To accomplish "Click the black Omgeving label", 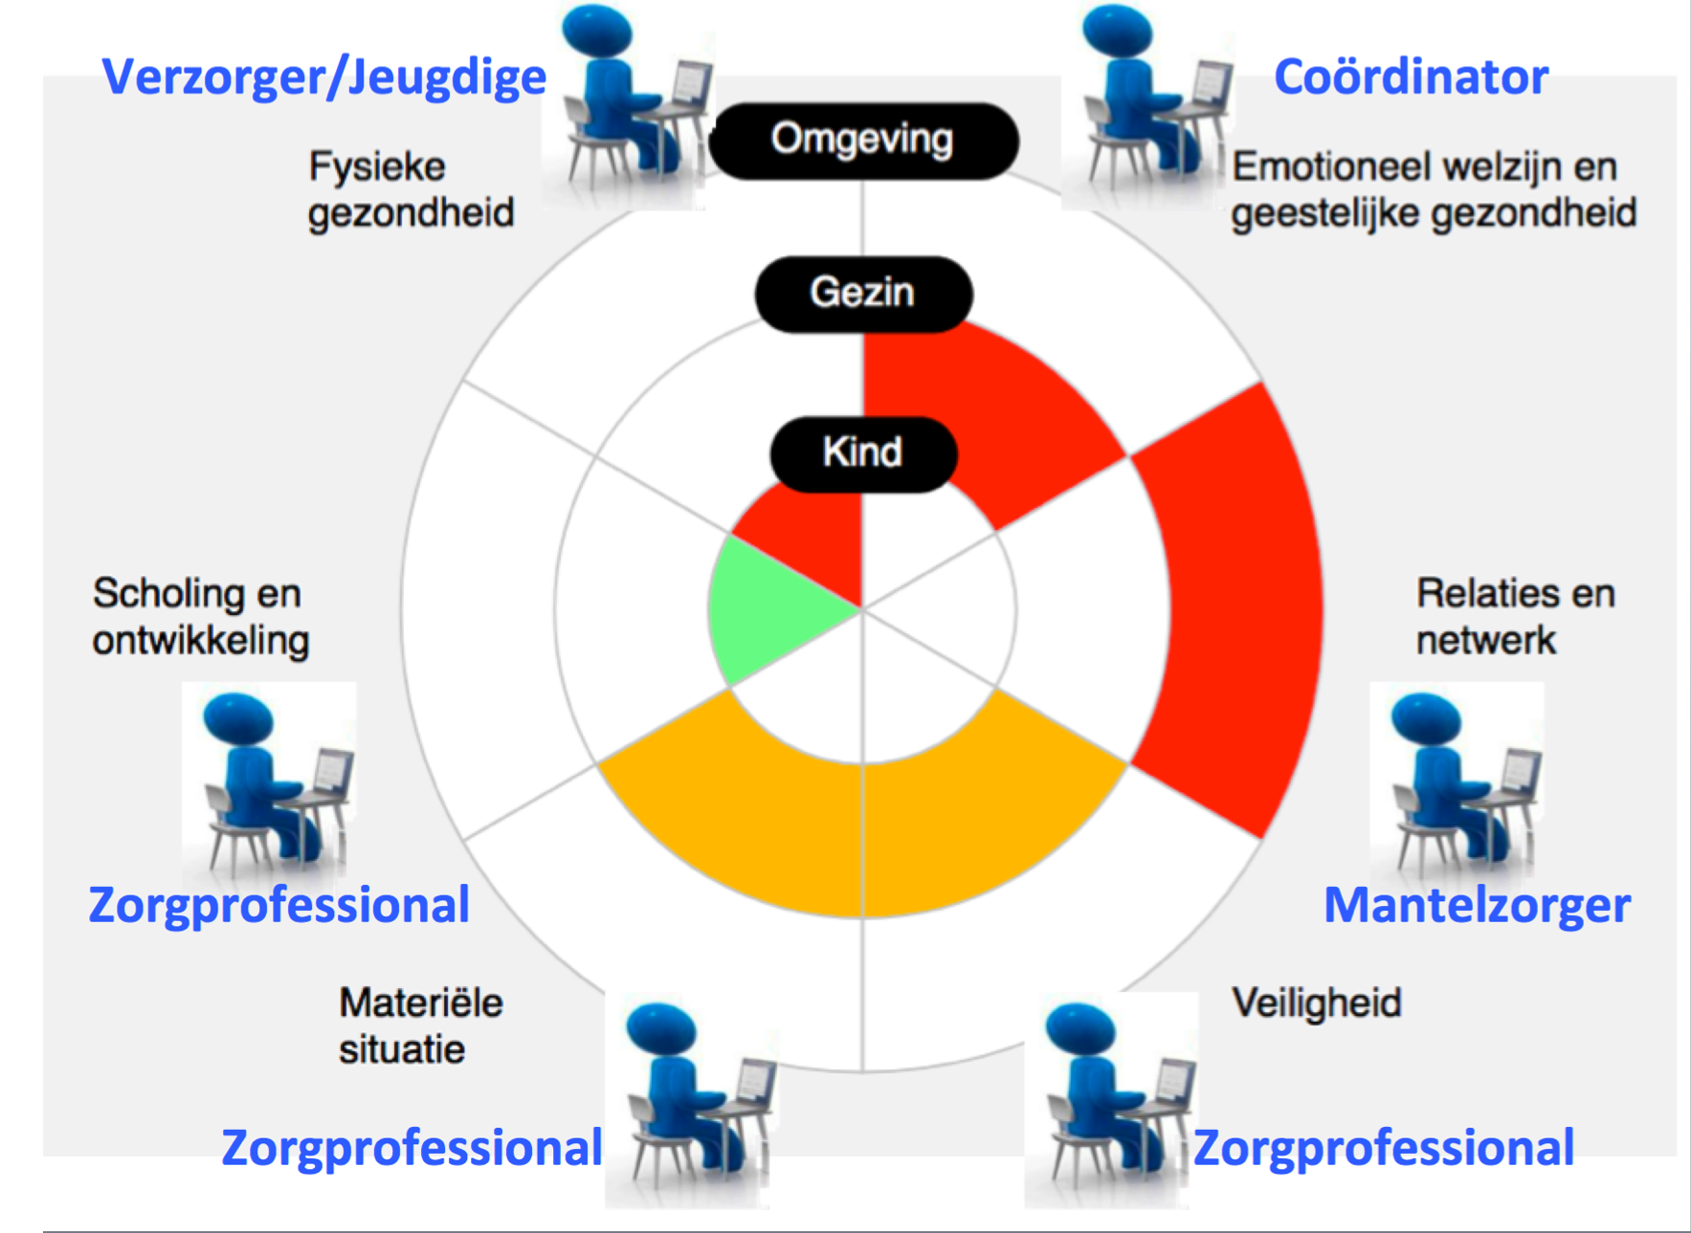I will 863,140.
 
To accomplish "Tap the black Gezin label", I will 863,293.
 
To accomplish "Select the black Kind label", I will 863,452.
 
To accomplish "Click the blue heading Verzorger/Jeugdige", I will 323,77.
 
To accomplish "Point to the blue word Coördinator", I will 1411,77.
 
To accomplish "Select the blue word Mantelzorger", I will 1477,905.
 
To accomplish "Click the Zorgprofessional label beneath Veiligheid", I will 1383,1147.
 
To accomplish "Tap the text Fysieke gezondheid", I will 411,189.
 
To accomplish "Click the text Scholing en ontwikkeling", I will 200,617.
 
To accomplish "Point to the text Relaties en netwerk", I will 1515,617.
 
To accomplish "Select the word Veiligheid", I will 1317,1002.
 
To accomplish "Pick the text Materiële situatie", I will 420,1025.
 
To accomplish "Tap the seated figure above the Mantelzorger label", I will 1455,780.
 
